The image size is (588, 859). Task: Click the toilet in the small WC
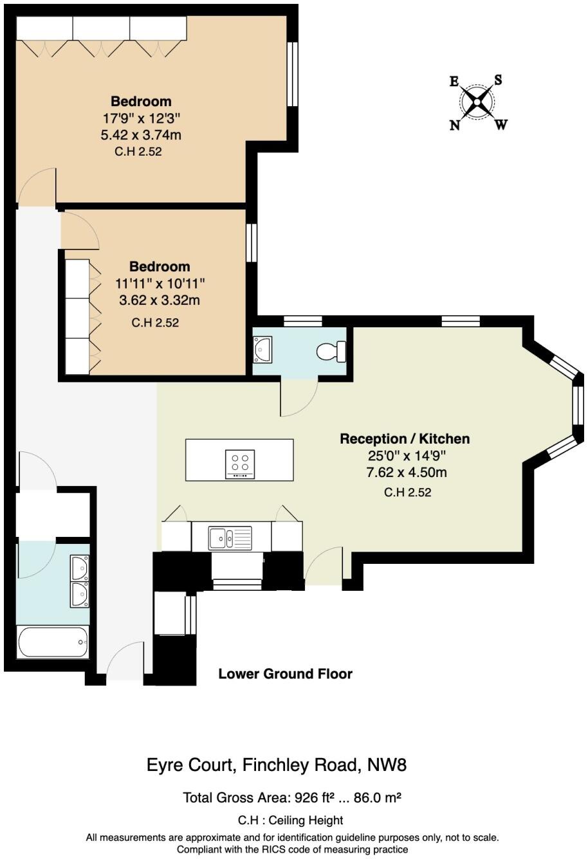pos(331,352)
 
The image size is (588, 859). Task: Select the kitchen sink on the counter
pos(230,536)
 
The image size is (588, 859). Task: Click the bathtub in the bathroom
pos(53,642)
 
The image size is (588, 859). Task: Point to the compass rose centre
pos(477,102)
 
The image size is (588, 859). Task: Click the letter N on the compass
pos(455,125)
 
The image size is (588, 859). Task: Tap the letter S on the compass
pos(498,80)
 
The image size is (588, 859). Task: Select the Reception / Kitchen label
pos(405,439)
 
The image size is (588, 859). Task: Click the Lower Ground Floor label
pos(285,674)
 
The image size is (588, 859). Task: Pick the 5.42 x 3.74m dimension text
pos(141,135)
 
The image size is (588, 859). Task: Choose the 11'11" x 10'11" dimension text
pos(160,283)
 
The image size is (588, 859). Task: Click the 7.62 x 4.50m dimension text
pos(405,473)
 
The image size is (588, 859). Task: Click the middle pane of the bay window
pos(578,406)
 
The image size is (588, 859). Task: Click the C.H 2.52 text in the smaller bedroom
pos(155,323)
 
